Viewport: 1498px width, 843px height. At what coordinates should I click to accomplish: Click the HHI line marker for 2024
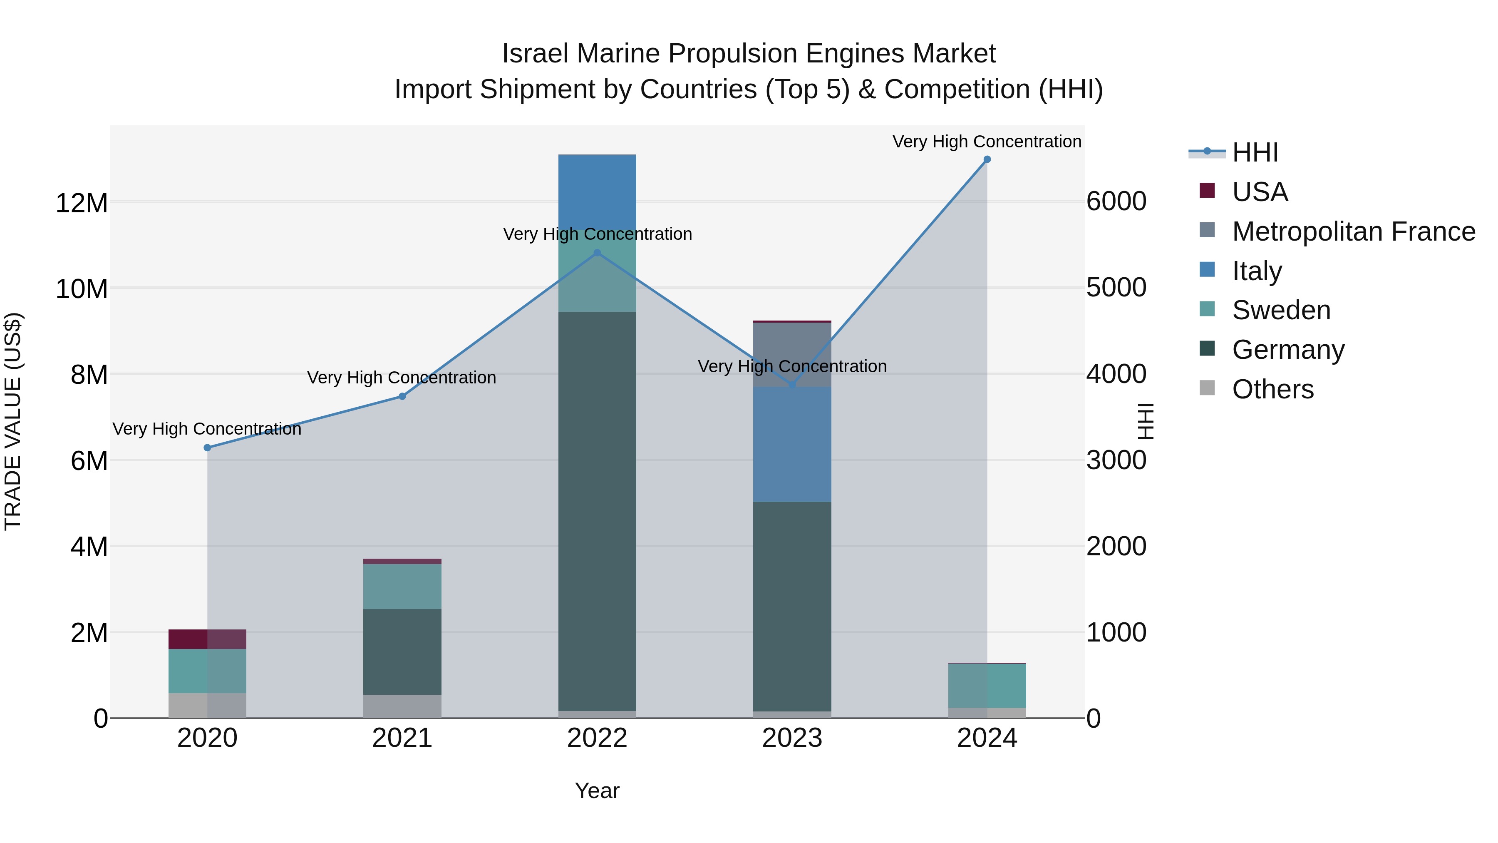987,159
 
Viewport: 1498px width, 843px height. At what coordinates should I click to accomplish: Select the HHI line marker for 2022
597,253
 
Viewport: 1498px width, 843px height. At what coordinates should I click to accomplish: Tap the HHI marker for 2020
207,448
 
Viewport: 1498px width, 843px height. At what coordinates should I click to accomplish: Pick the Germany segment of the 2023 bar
791,605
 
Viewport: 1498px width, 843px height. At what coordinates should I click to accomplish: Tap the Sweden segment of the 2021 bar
402,587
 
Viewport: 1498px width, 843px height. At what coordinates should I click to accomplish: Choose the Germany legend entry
1287,350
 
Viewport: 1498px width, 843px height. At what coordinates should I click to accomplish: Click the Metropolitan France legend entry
1353,231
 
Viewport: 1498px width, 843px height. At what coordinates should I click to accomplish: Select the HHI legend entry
1254,152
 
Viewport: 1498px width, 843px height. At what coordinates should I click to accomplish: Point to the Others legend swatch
1207,388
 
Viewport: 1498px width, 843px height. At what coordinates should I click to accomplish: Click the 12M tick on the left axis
82,204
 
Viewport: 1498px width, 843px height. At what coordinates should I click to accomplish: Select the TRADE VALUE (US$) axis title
13,421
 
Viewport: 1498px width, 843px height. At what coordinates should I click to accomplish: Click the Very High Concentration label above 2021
402,378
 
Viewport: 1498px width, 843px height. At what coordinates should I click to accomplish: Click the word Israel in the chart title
536,54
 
